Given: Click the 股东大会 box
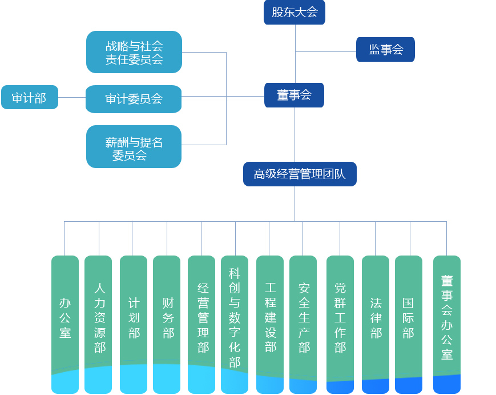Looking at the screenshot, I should pyautogui.click(x=295, y=12).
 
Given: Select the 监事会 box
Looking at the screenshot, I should pyautogui.click(x=385, y=50).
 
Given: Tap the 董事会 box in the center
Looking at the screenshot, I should pyautogui.click(x=294, y=95).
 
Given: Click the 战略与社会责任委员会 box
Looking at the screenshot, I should pyautogui.click(x=134, y=52).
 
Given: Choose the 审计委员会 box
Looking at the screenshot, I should pyautogui.click(x=134, y=99).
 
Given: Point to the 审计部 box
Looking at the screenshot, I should pyautogui.click(x=30, y=97).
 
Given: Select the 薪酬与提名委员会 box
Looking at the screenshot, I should pyautogui.click(x=134, y=147).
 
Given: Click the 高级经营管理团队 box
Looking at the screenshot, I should pyautogui.click(x=300, y=174).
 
